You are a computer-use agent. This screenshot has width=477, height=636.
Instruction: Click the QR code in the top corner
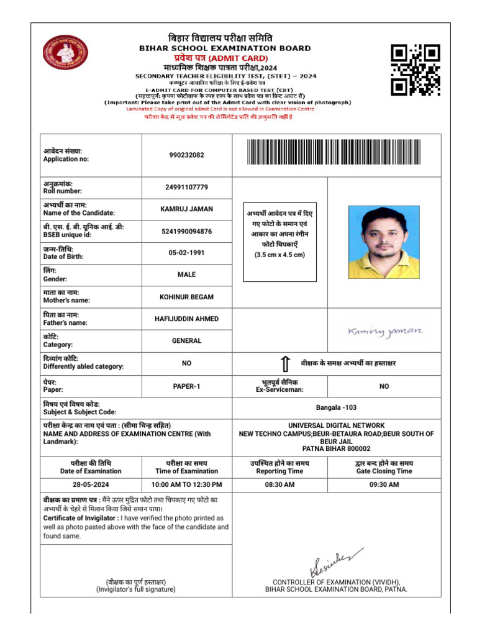pos(415,70)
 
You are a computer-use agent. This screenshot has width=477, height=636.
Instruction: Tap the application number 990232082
pos(186,155)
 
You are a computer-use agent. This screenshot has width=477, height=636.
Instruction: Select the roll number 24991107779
pos(186,188)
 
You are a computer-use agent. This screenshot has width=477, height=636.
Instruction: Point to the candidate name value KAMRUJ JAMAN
pos(186,209)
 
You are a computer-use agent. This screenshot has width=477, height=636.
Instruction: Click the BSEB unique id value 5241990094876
pos(186,232)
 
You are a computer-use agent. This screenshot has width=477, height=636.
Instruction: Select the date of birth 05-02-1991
pos(186,253)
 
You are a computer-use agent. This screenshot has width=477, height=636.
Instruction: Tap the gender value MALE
pos(186,275)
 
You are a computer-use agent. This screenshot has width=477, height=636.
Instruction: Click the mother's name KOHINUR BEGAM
pos(186,297)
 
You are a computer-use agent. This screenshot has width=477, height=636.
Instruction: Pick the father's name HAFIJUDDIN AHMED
pos(186,319)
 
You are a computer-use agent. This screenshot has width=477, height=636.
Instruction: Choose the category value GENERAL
pos(186,340)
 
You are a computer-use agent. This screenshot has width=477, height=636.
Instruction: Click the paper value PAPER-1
pos(186,386)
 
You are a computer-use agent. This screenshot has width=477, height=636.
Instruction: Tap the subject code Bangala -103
pos(336,408)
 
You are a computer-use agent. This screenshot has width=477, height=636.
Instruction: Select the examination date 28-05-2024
pos(91,484)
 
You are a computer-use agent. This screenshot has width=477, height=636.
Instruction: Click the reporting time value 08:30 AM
pos(280,484)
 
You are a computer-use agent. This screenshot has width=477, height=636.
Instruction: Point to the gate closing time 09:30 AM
pos(384,484)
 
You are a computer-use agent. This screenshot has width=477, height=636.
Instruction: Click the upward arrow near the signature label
pos(284,364)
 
